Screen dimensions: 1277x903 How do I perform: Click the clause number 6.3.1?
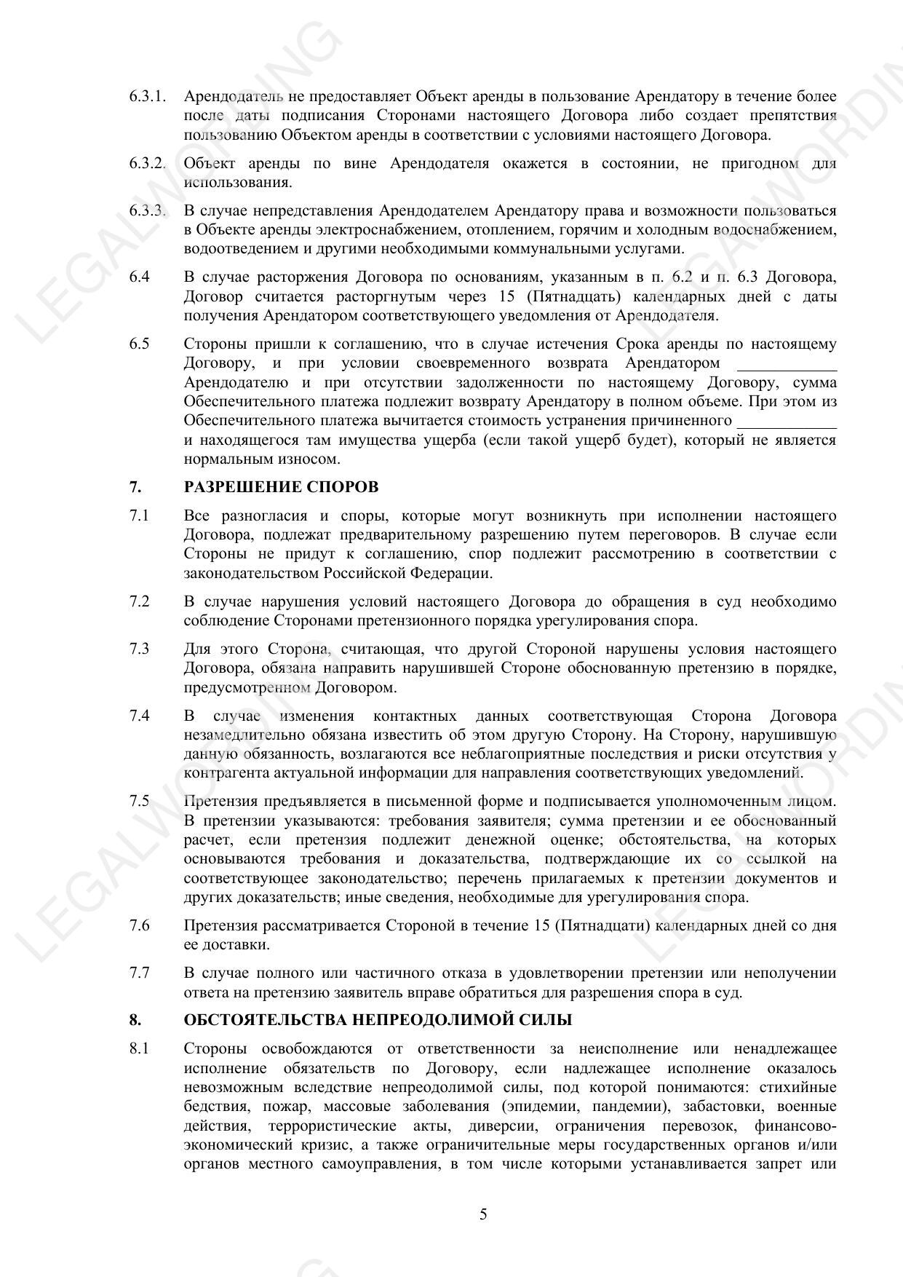click(148, 97)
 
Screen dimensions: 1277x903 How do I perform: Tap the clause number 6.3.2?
click(148, 164)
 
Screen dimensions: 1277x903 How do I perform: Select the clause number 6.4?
click(140, 277)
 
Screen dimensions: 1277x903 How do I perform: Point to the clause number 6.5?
click(140, 344)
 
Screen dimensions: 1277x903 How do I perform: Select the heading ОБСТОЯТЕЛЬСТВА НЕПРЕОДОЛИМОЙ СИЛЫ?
click(378, 1020)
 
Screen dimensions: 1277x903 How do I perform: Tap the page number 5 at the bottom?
click(483, 1214)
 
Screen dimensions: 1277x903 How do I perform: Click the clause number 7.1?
click(140, 516)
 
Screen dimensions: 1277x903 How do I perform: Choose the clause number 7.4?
click(140, 716)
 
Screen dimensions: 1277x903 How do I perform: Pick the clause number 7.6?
click(140, 926)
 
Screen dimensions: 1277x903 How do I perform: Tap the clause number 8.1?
click(140, 1049)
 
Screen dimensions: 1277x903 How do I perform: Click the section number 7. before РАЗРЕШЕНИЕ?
click(135, 487)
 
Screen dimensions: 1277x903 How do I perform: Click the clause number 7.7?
click(140, 973)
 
